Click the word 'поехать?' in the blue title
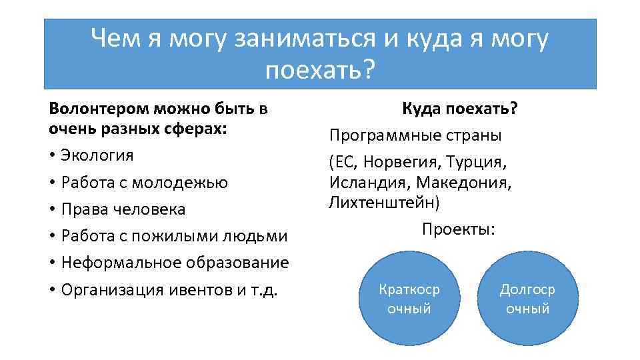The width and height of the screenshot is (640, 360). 321,69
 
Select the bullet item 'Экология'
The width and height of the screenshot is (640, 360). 97,155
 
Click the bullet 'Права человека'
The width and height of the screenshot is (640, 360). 123,209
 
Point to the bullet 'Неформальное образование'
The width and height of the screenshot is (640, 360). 174,263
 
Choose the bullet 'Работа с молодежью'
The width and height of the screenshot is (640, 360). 144,182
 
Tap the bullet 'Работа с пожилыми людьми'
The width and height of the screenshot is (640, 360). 173,236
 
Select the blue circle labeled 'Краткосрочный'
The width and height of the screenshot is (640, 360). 409,299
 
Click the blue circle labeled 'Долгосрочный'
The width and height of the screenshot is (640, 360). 527,299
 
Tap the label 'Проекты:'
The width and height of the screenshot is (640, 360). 459,229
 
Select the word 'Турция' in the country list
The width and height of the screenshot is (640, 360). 480,162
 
